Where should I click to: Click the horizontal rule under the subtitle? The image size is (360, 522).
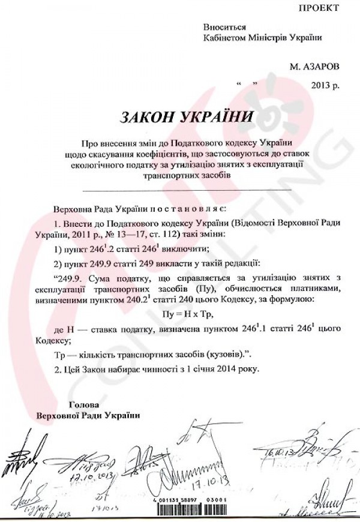pos(186,190)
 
